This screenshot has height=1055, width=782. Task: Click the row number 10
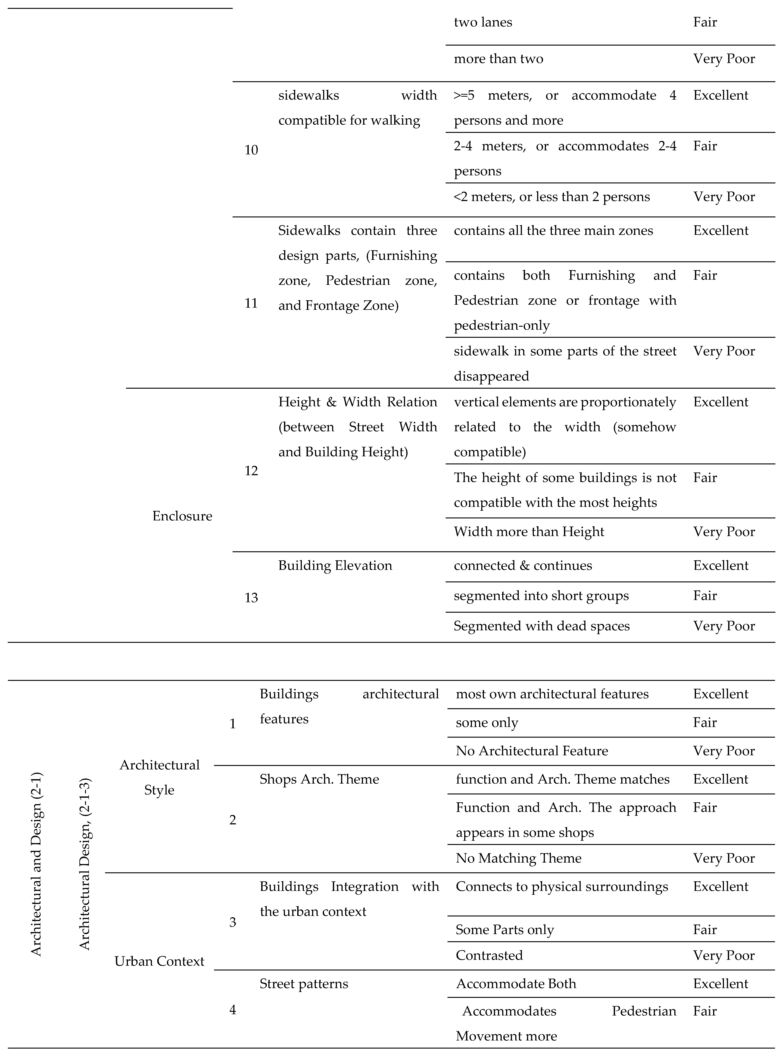tap(251, 150)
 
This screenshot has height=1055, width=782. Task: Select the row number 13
tap(251, 598)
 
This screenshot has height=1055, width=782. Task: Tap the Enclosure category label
tap(182, 516)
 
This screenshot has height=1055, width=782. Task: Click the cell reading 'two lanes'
tap(483, 22)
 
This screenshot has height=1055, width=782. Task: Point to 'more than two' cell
tap(498, 59)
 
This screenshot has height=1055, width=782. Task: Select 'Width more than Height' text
tap(529, 532)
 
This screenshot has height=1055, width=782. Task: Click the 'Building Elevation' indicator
tap(335, 565)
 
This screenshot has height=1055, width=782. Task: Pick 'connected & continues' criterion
tap(523, 565)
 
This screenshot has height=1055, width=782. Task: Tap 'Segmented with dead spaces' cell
tap(542, 626)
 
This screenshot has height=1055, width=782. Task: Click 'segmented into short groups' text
tap(541, 596)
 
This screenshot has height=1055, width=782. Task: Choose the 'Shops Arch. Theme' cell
tap(319, 779)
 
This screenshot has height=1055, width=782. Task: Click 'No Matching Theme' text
tap(518, 858)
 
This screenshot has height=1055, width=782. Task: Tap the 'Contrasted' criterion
tap(489, 955)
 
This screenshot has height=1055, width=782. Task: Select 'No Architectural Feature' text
tap(532, 751)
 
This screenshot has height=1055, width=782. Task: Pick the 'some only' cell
tap(487, 723)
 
